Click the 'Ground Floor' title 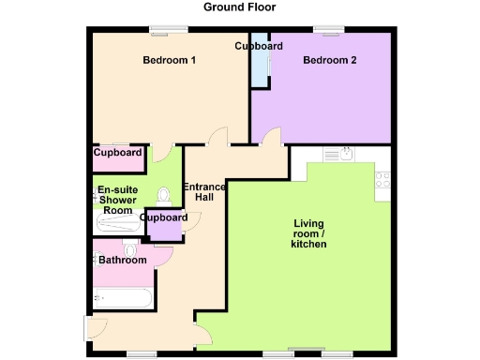click(x=240, y=7)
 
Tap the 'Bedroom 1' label click(x=169, y=61)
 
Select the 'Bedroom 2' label click(x=329, y=61)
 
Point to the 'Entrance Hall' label click(x=204, y=192)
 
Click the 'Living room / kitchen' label click(x=309, y=233)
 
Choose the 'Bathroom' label click(x=123, y=260)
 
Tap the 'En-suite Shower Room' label click(x=118, y=200)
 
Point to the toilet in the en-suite click(x=165, y=195)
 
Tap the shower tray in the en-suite click(x=117, y=223)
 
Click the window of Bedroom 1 click(x=166, y=28)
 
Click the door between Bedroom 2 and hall click(x=271, y=138)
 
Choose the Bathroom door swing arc click(x=165, y=256)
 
